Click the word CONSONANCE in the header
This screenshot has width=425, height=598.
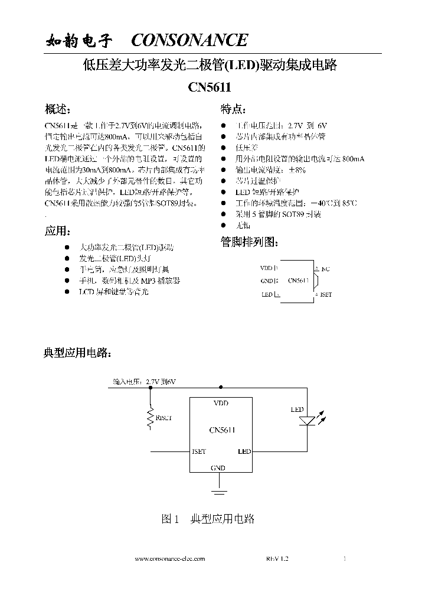pos(189,40)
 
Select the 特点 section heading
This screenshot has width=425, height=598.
pos(234,109)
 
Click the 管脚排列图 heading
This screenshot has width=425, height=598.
pos(249,242)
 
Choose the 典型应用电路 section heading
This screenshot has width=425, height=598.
pos(77,353)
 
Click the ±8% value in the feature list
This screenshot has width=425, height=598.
pos(296,170)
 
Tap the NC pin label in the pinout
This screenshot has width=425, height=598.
pos(326,269)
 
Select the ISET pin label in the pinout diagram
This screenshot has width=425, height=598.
pos(326,294)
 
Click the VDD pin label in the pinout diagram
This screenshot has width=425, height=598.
pos(267,268)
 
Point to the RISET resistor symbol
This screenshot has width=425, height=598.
pos(150,418)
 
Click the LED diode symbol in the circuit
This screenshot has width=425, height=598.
pos(307,421)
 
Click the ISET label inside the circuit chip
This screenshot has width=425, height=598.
pos(199,451)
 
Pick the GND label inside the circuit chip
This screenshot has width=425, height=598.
pos(218,468)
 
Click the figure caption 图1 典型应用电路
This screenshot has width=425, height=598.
pos(208,519)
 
